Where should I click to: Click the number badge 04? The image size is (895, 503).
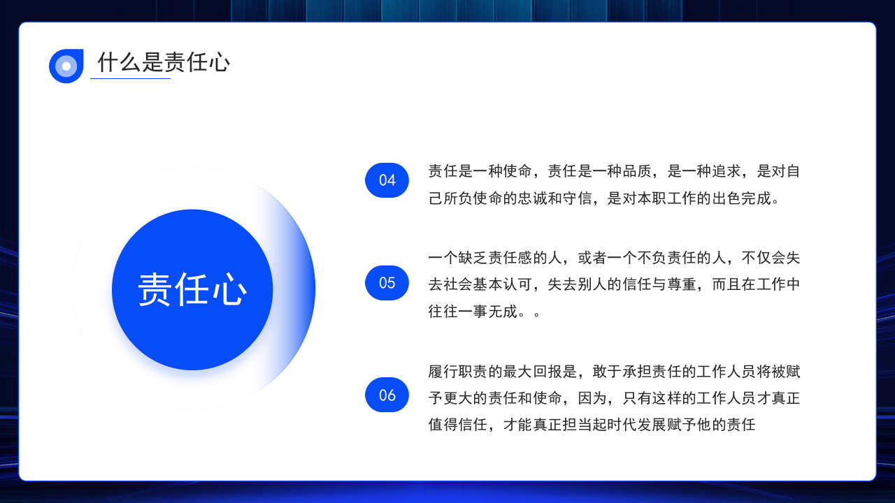[387, 180]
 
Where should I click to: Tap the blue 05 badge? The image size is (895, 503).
[387, 283]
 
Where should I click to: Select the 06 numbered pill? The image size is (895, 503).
[387, 395]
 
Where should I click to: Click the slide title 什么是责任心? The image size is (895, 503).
[164, 63]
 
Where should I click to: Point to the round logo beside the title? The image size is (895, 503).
[66, 66]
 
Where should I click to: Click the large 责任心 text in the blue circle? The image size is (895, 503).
[192, 289]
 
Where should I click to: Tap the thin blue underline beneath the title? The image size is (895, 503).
[130, 78]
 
